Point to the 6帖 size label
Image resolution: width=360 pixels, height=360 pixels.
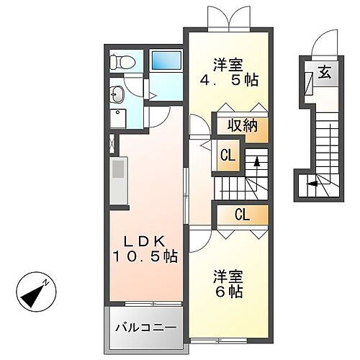click(227, 292)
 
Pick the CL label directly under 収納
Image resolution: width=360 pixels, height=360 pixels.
click(227, 154)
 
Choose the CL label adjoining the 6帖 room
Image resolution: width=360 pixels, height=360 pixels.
click(241, 214)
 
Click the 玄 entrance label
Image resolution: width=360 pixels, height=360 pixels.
click(324, 72)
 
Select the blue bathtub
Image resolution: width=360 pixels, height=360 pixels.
click(165, 60)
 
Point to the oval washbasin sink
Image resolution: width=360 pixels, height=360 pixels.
click(117, 93)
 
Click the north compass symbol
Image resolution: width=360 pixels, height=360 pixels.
click(32, 289)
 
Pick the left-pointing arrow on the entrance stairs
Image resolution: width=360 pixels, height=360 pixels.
click(313, 184)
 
